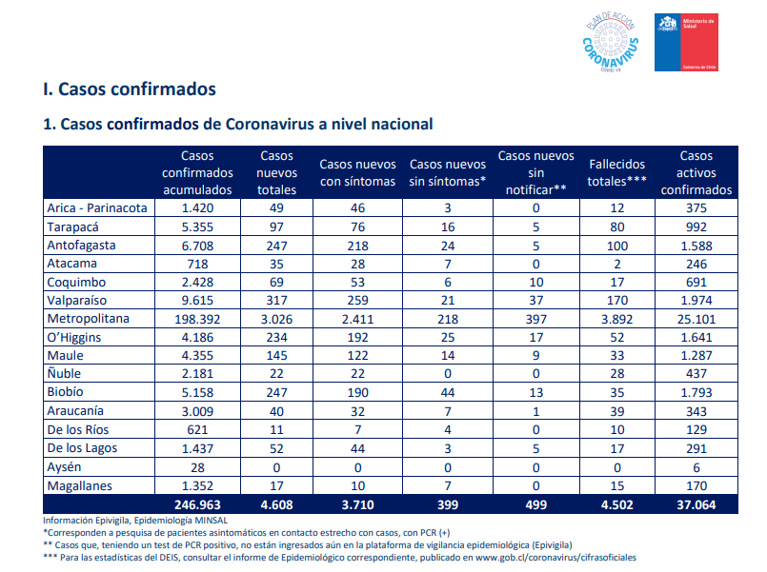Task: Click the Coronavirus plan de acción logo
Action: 611,43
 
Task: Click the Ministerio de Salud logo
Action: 686,42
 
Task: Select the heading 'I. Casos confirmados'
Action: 130,89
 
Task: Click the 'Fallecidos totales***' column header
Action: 616,172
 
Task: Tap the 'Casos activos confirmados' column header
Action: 696,172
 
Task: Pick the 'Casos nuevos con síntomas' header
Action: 357,172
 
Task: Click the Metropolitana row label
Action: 88,319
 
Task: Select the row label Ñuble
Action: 64,373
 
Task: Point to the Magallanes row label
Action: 79,486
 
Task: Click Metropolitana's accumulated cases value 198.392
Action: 197,319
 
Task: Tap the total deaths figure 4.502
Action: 616,504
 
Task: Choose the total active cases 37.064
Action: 696,504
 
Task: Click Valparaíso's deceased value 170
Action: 616,301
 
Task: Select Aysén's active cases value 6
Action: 696,467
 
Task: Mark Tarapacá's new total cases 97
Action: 276,227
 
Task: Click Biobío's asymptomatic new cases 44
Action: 448,392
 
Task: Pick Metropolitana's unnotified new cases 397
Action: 536,319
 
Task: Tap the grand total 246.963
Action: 197,504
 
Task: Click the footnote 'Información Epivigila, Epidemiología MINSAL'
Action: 135,521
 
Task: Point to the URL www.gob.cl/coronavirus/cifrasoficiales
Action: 555,558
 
